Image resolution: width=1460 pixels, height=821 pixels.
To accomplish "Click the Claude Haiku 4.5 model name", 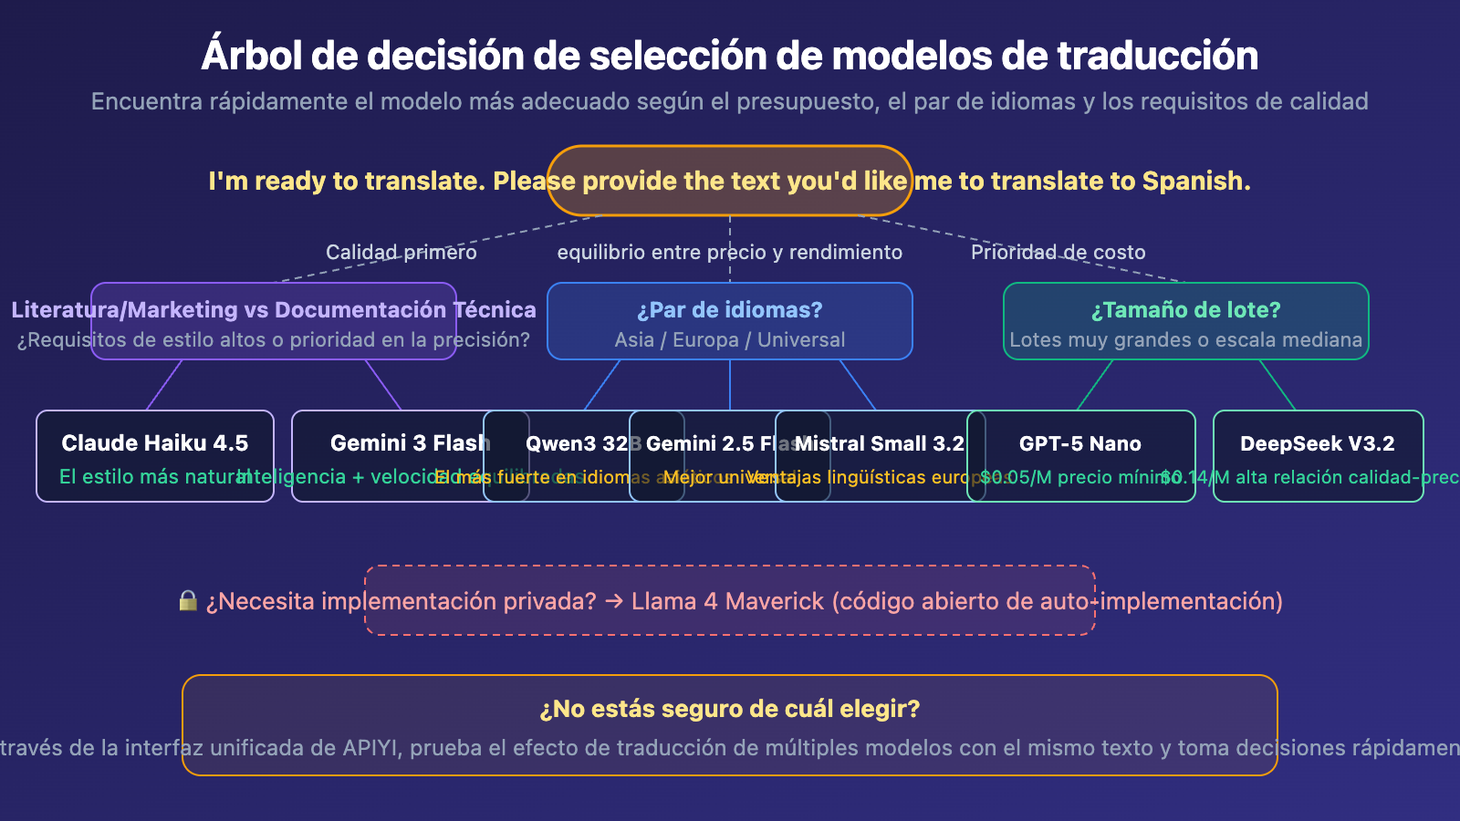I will tap(154, 443).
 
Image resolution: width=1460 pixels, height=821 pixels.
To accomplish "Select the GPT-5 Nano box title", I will tap(1079, 444).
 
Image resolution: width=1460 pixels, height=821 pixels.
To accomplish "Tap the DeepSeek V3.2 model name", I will tap(1317, 444).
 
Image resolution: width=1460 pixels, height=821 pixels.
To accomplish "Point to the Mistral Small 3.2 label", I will tap(881, 444).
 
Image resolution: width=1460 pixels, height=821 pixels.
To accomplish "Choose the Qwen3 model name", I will tap(559, 444).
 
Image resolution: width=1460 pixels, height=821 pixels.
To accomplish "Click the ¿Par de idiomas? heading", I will tap(730, 310).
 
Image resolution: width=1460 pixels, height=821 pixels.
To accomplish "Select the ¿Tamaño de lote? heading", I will tap(1185, 310).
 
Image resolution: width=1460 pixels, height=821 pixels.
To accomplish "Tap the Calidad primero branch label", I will tap(401, 253).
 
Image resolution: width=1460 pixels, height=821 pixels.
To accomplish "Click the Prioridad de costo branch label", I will tap(1058, 253).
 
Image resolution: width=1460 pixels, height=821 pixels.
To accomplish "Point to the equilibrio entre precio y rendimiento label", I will tap(729, 253).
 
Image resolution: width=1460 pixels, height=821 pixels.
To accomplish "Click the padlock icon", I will tap(188, 600).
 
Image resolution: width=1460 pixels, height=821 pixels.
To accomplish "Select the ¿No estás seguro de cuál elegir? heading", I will tap(729, 709).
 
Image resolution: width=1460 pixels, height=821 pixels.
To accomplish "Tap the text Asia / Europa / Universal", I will tap(729, 340).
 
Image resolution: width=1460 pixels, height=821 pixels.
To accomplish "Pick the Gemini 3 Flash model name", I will tap(410, 443).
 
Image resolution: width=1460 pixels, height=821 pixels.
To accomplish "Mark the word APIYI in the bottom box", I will tap(370, 748).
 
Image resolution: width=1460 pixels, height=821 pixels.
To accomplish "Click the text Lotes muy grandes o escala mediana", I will tap(1185, 340).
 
